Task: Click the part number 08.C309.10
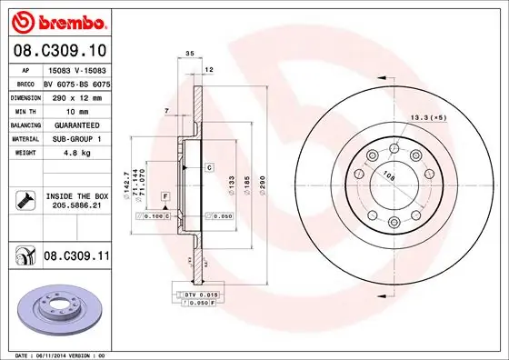click(x=55, y=49)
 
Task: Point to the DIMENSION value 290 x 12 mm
click(x=76, y=96)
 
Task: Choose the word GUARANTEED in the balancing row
click(x=77, y=125)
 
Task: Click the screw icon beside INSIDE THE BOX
click(x=25, y=201)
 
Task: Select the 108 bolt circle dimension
click(x=388, y=175)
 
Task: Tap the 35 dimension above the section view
click(x=190, y=55)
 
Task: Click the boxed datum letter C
click(x=208, y=168)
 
